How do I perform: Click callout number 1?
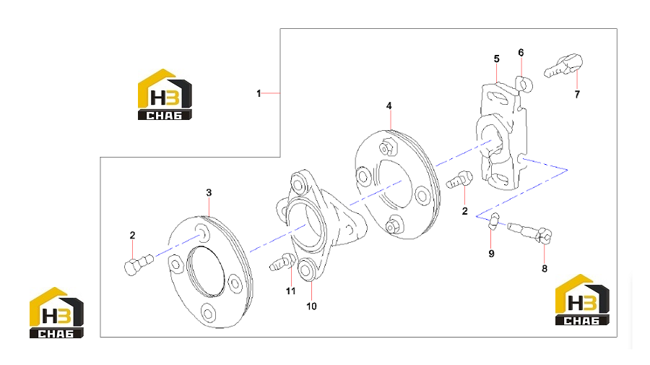click(259, 94)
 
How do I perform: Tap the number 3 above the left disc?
click(209, 192)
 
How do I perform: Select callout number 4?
click(389, 106)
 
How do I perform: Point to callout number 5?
click(497, 59)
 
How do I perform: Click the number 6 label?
click(521, 53)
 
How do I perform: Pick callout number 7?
click(577, 95)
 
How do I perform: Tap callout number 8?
click(545, 269)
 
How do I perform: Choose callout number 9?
click(491, 254)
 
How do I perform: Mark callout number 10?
click(311, 306)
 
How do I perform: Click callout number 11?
click(290, 291)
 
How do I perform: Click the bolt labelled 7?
click(563, 66)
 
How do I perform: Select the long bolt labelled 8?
click(529, 232)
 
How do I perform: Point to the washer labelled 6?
click(524, 84)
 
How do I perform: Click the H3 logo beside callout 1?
click(165, 95)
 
